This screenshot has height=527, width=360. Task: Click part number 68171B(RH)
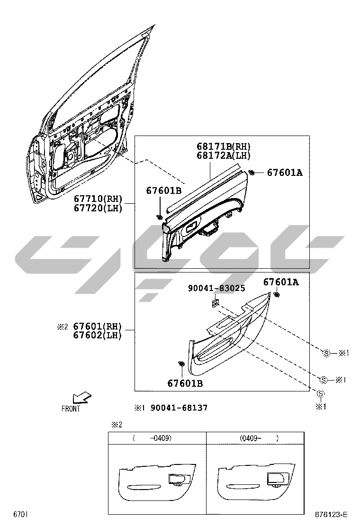[x=223, y=146]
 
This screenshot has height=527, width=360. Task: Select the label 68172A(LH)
[x=223, y=155]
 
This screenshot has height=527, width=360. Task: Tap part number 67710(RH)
[x=98, y=199]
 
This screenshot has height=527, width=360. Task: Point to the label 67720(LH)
[x=98, y=209]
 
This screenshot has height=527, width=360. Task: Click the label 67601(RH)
[x=98, y=326]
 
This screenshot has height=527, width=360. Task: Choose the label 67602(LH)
[x=98, y=335]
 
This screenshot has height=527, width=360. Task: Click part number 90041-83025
[x=216, y=288]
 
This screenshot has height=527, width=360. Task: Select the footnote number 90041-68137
[x=179, y=408]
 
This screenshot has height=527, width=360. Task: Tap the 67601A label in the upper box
[x=285, y=173]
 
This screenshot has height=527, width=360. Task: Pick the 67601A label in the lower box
[x=281, y=282]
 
